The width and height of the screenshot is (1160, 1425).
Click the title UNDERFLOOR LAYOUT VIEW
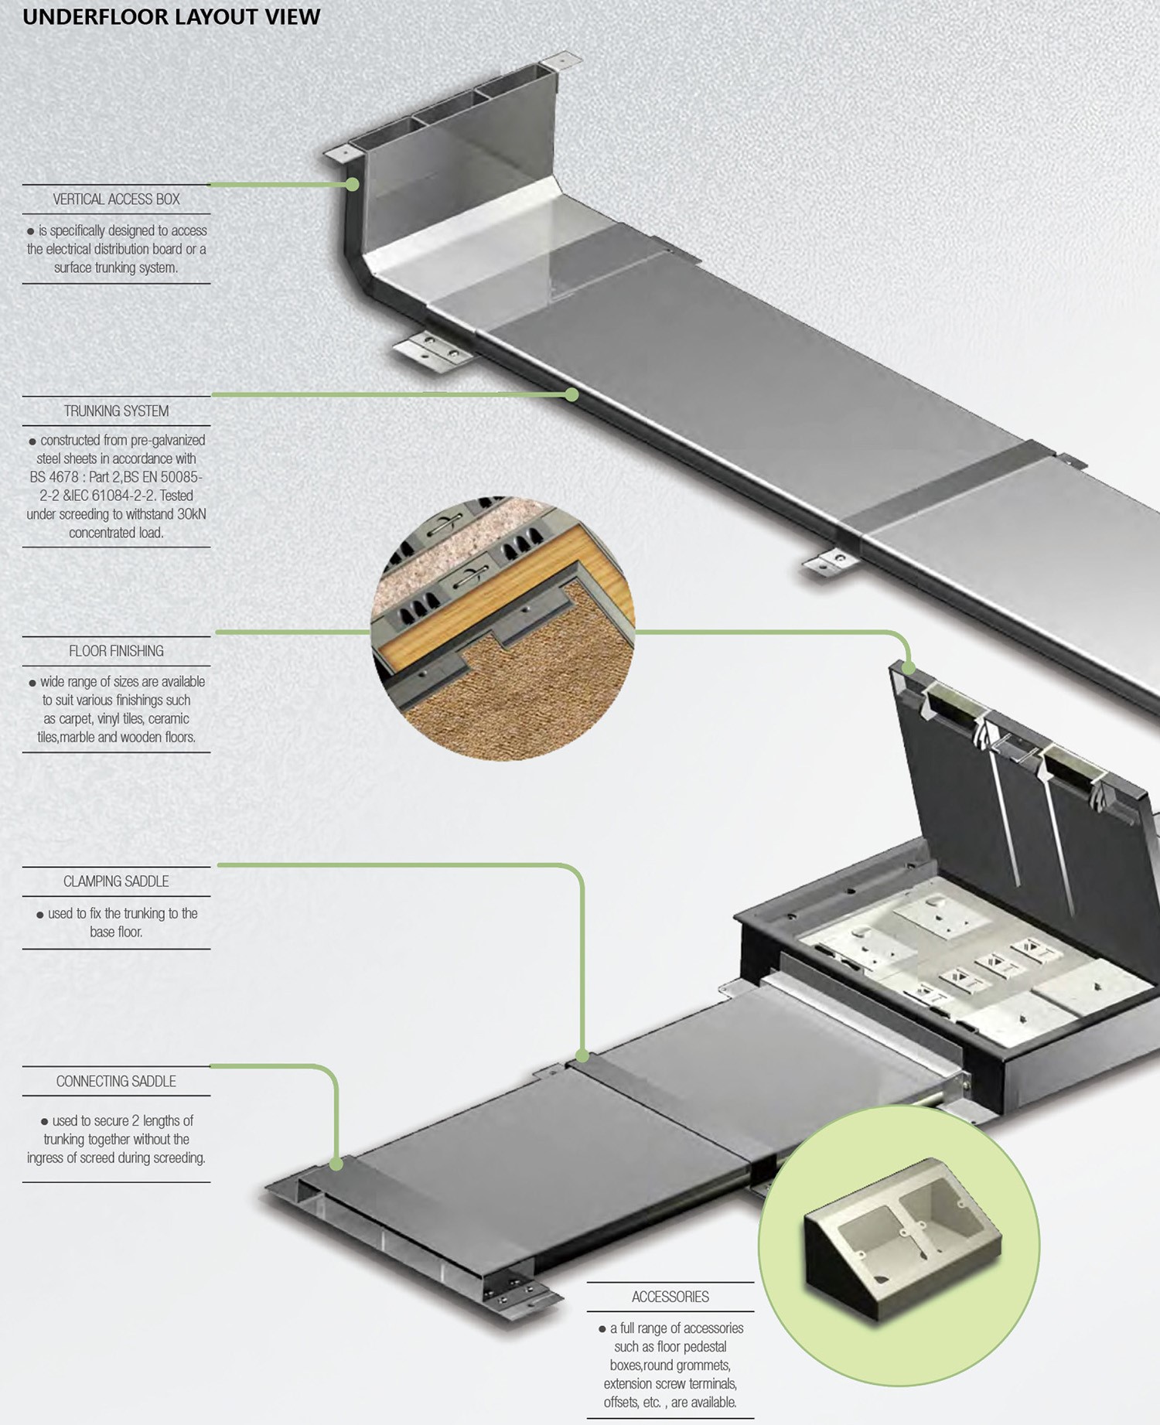171,17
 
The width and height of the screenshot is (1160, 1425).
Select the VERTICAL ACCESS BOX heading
116,199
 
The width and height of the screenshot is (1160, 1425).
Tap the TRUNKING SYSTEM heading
116,411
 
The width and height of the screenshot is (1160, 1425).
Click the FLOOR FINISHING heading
116,651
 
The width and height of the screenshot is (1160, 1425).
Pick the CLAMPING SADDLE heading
116,881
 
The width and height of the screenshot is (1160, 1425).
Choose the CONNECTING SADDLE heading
116,1082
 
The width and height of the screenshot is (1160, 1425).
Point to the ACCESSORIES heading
670,1297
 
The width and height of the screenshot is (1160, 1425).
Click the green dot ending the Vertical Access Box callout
353,185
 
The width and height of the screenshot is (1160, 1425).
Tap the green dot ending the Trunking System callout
571,395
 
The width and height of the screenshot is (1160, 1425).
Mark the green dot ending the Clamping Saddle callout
582,1055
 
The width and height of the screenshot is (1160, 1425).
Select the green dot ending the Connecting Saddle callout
336,1164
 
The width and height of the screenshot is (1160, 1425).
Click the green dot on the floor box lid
909,668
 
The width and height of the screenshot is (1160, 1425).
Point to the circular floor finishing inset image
503,628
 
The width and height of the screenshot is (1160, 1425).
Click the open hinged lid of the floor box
1021,773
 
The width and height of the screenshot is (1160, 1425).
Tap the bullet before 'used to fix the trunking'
40,915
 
